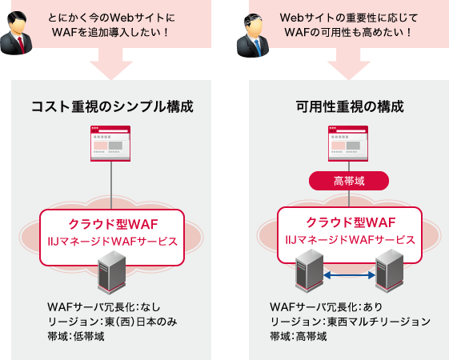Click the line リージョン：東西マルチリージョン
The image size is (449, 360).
351,322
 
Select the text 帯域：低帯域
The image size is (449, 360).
77,336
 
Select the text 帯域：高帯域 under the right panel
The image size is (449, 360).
299,336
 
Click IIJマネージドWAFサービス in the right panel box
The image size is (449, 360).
350,239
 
